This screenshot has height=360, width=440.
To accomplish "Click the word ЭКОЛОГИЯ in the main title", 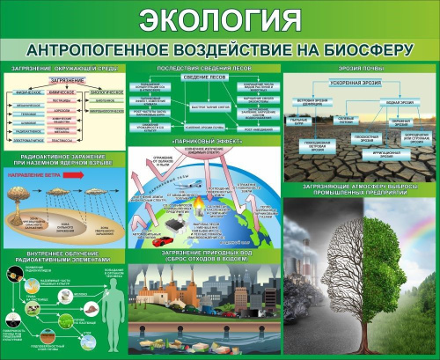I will pos(219,20).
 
